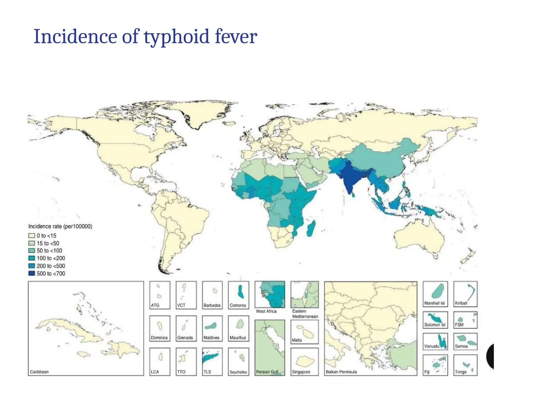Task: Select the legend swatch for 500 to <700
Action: pos(32,273)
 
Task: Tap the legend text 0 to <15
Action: pos(46,236)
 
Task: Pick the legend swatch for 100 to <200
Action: pos(32,258)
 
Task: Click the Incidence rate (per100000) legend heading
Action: pos(60,226)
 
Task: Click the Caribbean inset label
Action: pos(39,372)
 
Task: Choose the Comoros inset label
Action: pos(238,305)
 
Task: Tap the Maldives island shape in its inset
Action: pos(211,326)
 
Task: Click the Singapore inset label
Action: pos(301,372)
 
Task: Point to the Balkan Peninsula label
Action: pos(341,372)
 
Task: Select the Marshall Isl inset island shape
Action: pos(438,291)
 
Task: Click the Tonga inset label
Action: pos(461,372)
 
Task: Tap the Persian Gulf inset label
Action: pos(267,372)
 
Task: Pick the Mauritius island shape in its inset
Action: pos(240,324)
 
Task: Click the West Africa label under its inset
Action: pos(266,311)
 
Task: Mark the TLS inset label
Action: pos(207,372)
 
